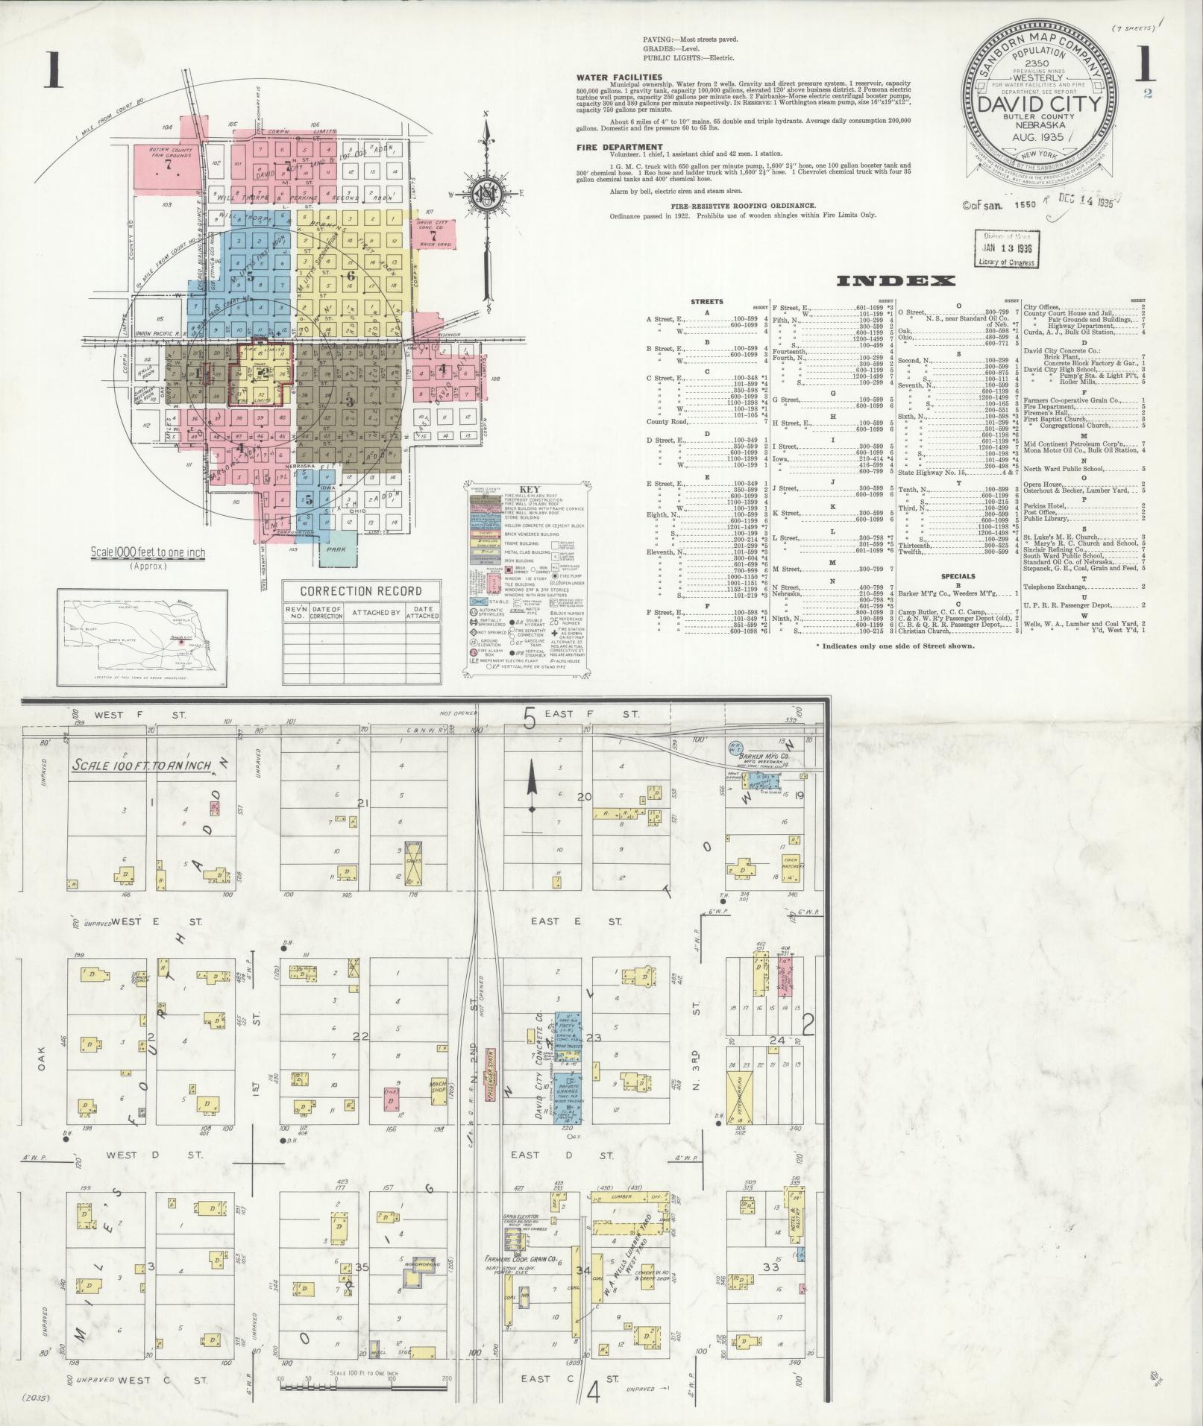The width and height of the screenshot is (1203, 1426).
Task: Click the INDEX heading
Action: point(896,281)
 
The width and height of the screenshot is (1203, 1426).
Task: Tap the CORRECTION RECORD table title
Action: point(360,591)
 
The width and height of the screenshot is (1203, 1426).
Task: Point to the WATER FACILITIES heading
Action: point(619,77)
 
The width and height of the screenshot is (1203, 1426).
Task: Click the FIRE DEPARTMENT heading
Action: point(619,148)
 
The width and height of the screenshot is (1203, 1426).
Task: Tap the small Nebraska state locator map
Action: point(142,637)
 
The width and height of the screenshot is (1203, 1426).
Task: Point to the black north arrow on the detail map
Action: point(532,790)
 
